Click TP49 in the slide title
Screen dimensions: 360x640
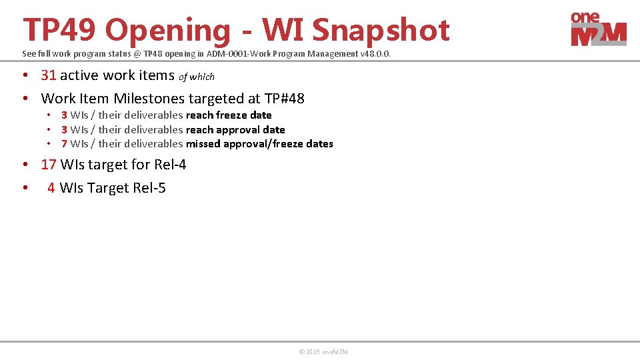click(59, 30)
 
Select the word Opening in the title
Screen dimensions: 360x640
click(167, 30)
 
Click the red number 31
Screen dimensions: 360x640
click(49, 75)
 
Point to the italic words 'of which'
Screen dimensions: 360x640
click(197, 77)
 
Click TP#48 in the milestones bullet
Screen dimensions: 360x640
click(285, 99)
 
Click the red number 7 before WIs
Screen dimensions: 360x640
click(64, 144)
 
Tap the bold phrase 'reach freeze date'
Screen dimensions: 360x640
click(229, 115)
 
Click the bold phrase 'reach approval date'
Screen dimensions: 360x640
click(235, 130)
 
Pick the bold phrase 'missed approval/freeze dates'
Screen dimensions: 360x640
click(259, 144)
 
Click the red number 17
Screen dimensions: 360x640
click(49, 165)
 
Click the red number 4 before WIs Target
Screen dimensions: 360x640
click(51, 188)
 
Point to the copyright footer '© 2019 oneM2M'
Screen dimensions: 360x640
click(323, 352)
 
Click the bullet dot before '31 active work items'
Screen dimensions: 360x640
click(26, 75)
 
